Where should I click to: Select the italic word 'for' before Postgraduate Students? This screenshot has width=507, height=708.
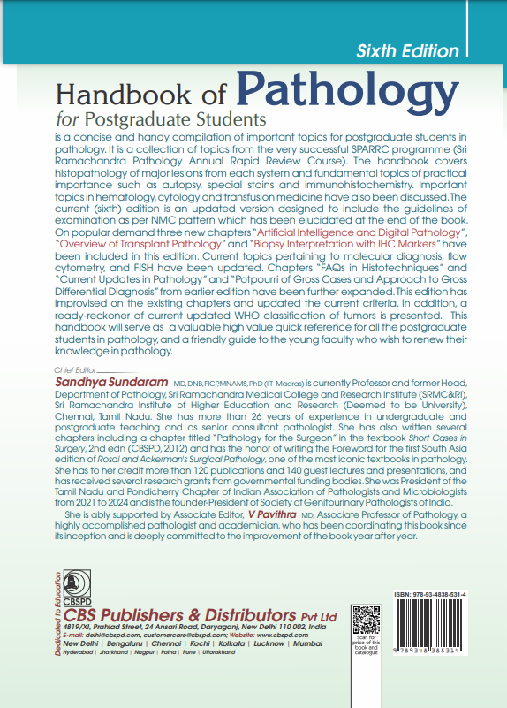[x=65, y=118]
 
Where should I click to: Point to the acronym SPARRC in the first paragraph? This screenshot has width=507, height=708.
[x=337, y=152]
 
